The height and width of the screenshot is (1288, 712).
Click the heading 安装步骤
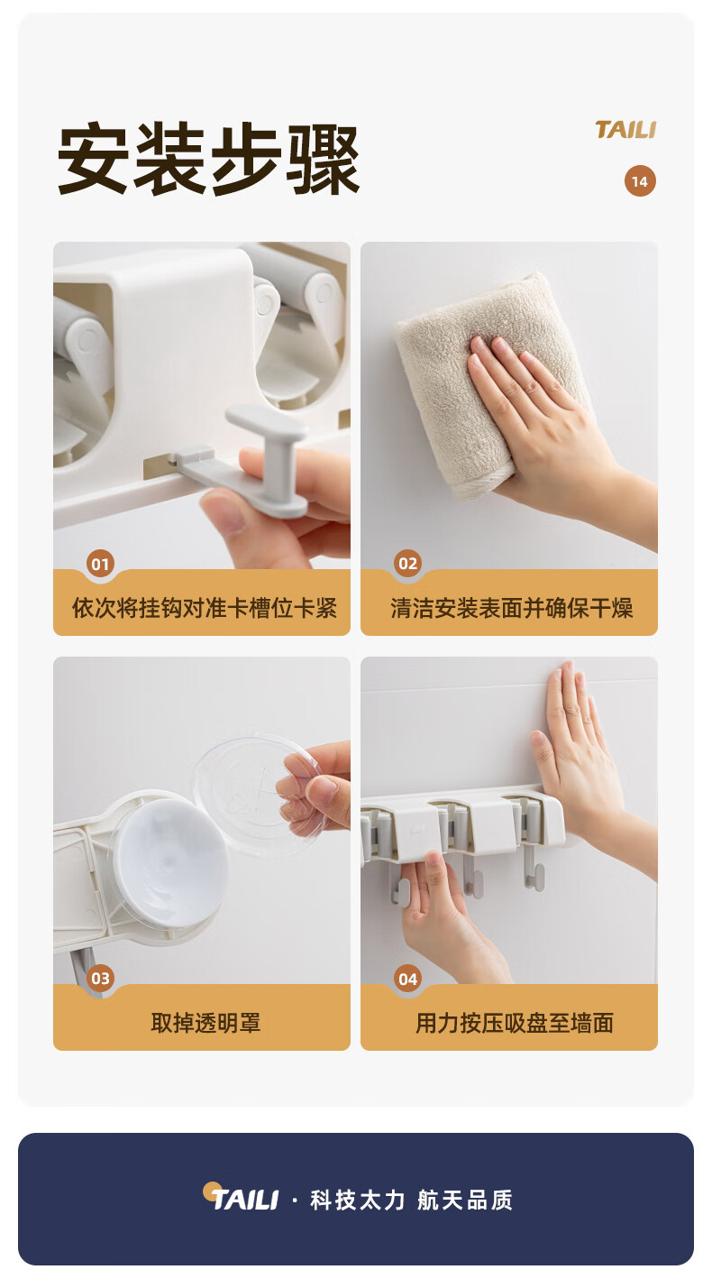coord(208,159)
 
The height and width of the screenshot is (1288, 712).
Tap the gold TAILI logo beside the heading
coord(625,130)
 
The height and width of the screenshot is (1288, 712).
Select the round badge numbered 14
coord(640,181)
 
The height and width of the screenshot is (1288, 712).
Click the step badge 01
coord(100,564)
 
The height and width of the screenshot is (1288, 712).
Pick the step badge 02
coord(407,564)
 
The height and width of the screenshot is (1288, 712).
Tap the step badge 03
coord(100,978)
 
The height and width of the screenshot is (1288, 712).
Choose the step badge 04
coord(407,979)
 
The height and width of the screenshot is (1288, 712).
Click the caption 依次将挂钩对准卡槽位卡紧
coord(204,608)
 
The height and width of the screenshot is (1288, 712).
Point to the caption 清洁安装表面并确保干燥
coord(511,608)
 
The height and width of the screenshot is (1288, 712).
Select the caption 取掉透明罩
coord(205,1023)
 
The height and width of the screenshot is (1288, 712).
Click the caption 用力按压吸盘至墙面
coord(515,1023)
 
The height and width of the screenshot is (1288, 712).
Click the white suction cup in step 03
coord(169,862)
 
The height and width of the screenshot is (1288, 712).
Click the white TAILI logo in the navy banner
coord(241,1199)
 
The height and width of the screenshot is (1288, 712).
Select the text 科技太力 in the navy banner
coord(358,1200)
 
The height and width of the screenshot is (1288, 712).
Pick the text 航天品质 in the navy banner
coord(465,1200)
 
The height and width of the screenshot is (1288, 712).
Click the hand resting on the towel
coord(552,426)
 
